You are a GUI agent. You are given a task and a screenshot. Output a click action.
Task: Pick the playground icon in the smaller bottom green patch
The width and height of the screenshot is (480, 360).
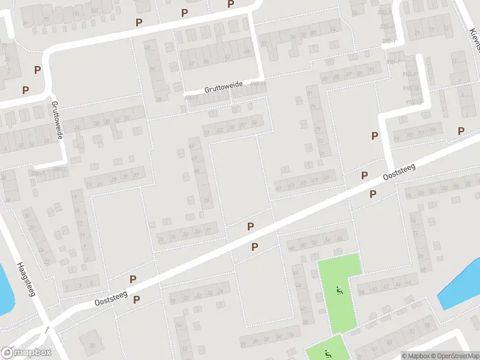coord(327,353)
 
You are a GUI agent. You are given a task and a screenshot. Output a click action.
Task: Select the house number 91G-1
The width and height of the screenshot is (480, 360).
coord(394,62)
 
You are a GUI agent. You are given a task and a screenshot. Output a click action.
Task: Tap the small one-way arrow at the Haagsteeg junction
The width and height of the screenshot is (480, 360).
coord(47,329)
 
